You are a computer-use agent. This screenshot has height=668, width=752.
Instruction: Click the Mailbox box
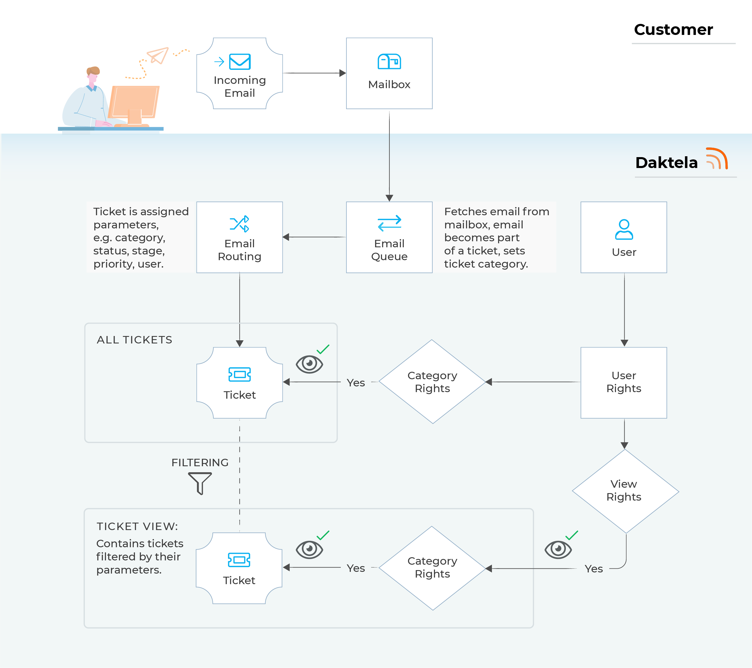click(x=389, y=73)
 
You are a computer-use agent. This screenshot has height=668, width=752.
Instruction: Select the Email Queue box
click(x=389, y=237)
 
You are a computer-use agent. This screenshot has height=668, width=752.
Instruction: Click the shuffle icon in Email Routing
click(x=239, y=224)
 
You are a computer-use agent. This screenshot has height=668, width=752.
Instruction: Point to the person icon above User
click(x=624, y=230)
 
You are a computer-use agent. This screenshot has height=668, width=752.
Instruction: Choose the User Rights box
click(x=624, y=382)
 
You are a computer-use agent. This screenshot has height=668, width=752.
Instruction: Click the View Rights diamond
click(x=625, y=491)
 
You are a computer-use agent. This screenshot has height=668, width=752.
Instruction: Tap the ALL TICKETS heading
click(x=134, y=340)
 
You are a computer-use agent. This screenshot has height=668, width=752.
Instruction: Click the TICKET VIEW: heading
click(x=137, y=526)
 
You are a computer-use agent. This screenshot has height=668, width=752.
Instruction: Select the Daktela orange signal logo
click(x=717, y=159)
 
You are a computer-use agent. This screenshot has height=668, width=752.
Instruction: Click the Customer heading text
click(x=673, y=29)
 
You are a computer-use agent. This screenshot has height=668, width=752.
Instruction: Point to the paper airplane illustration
click(x=158, y=55)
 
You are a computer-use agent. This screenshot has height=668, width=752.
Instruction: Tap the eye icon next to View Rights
click(x=558, y=549)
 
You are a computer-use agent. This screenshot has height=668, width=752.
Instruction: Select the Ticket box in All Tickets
click(x=239, y=382)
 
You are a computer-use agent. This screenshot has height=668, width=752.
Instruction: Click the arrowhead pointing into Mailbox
click(x=342, y=73)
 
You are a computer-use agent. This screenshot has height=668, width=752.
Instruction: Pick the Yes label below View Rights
click(x=593, y=569)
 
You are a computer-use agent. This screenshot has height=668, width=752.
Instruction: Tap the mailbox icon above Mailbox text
click(x=389, y=62)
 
